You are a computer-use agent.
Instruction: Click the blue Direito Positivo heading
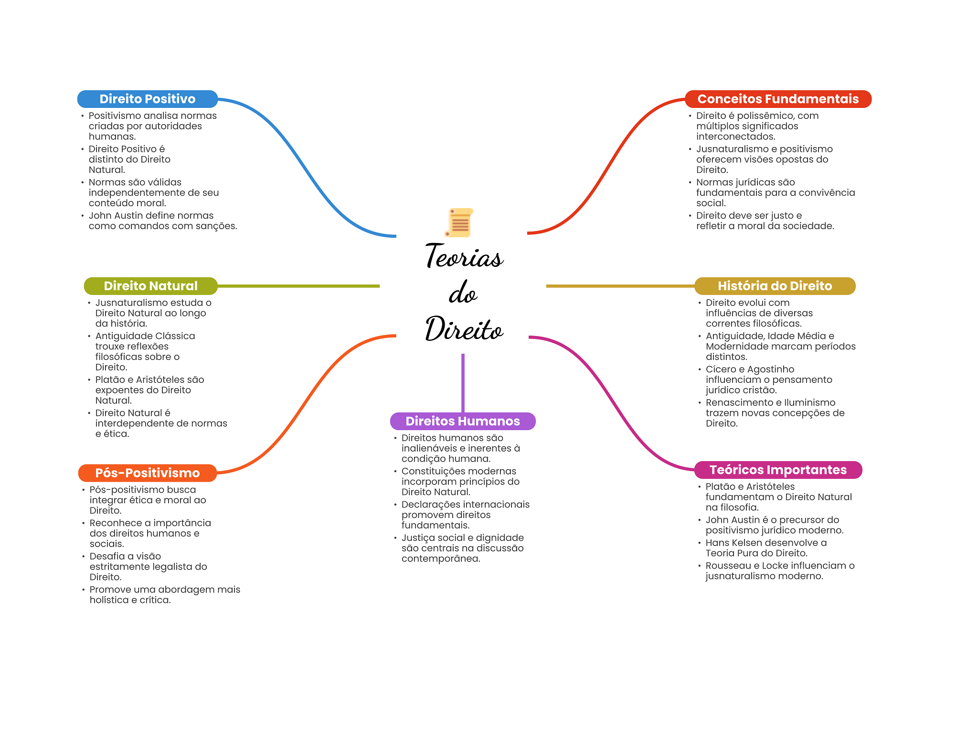pos(147,99)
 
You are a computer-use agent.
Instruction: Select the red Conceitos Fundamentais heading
pos(778,99)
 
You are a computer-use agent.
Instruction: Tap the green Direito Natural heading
pos(150,286)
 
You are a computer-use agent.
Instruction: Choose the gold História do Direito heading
pos(775,286)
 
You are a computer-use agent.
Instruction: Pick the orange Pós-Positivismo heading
pos(147,473)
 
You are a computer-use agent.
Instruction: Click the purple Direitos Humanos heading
pos(462,421)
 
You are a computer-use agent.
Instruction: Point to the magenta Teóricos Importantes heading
pos(778,470)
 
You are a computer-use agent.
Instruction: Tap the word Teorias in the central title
pos(464,256)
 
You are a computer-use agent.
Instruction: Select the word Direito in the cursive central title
pos(464,329)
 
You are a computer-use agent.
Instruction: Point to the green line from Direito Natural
pos(298,286)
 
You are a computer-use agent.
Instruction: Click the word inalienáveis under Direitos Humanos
pos(433,449)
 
